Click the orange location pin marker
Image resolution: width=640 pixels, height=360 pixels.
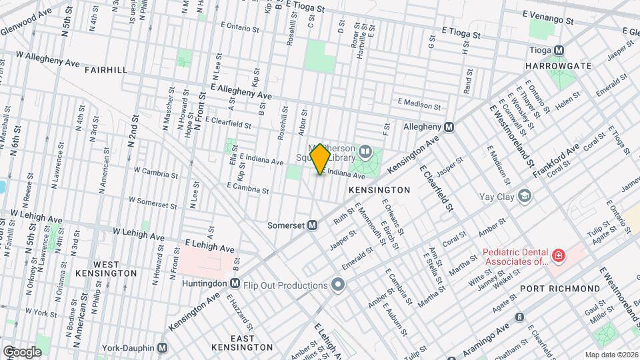(321, 159)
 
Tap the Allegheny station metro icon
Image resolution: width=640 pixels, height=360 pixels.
(449, 127)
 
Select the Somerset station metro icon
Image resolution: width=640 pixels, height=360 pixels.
(311, 225)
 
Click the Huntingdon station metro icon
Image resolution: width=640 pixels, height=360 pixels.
(234, 283)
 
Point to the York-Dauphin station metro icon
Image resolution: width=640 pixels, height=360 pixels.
(162, 348)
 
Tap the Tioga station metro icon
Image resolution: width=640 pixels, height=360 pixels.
(559, 50)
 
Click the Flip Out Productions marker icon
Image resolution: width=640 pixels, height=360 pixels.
(338, 286)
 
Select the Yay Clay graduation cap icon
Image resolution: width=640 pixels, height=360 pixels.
(525, 196)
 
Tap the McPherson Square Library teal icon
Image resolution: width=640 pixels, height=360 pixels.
(365, 152)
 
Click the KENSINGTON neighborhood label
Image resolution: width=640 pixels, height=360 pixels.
(379, 190)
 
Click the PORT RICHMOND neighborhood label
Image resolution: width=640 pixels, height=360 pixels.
(559, 288)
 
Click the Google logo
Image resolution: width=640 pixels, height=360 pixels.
(21, 351)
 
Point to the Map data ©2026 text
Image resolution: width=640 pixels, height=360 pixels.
(611, 355)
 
